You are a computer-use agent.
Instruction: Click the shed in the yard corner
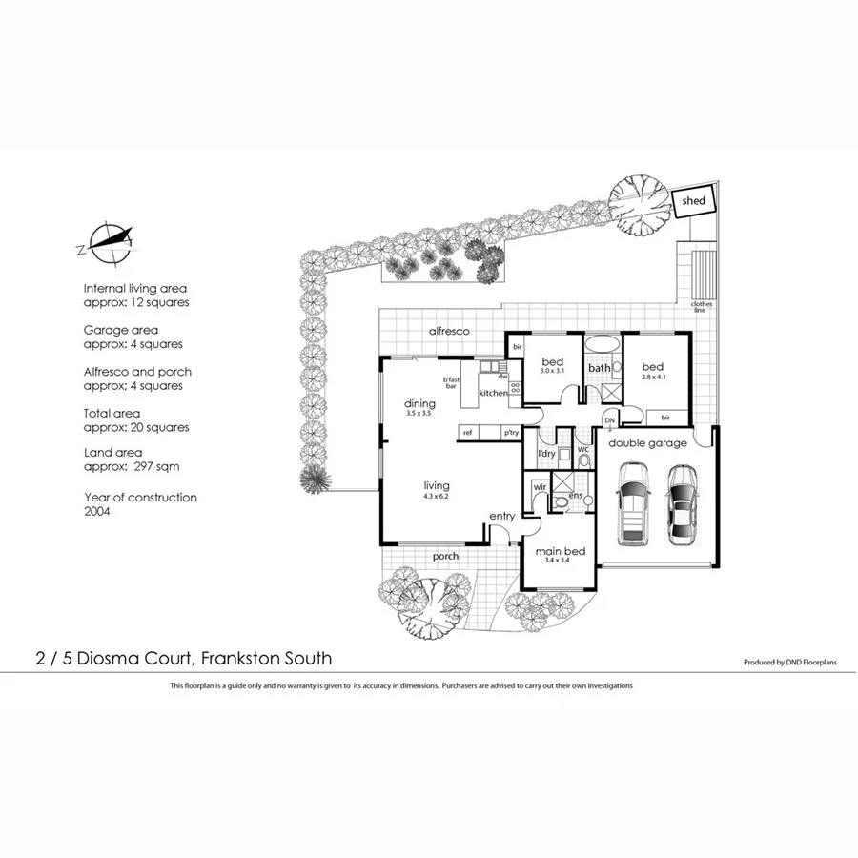coord(693,201)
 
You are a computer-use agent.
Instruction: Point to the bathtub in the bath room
coord(601,344)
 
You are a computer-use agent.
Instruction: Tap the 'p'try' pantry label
coord(511,433)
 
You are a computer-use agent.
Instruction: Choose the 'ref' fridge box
coord(468,433)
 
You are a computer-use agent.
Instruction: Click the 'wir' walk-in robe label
coord(539,487)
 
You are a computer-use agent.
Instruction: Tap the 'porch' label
coord(445,556)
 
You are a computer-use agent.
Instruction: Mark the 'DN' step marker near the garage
coord(609,419)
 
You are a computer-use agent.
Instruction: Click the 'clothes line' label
coord(702,307)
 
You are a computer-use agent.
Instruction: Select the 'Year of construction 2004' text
coord(140,504)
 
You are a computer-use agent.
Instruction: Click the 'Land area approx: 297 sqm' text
coord(132,460)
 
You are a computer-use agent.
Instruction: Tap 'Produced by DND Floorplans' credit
coord(789,662)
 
